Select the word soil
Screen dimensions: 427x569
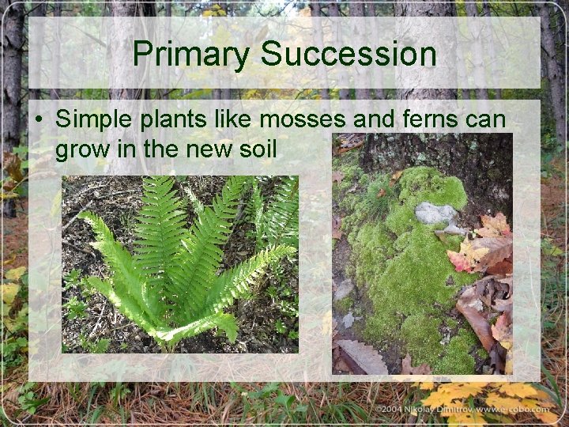(255, 146)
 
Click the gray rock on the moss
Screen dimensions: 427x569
(435, 213)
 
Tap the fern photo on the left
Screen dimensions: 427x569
(180, 264)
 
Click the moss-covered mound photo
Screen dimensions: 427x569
(421, 253)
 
